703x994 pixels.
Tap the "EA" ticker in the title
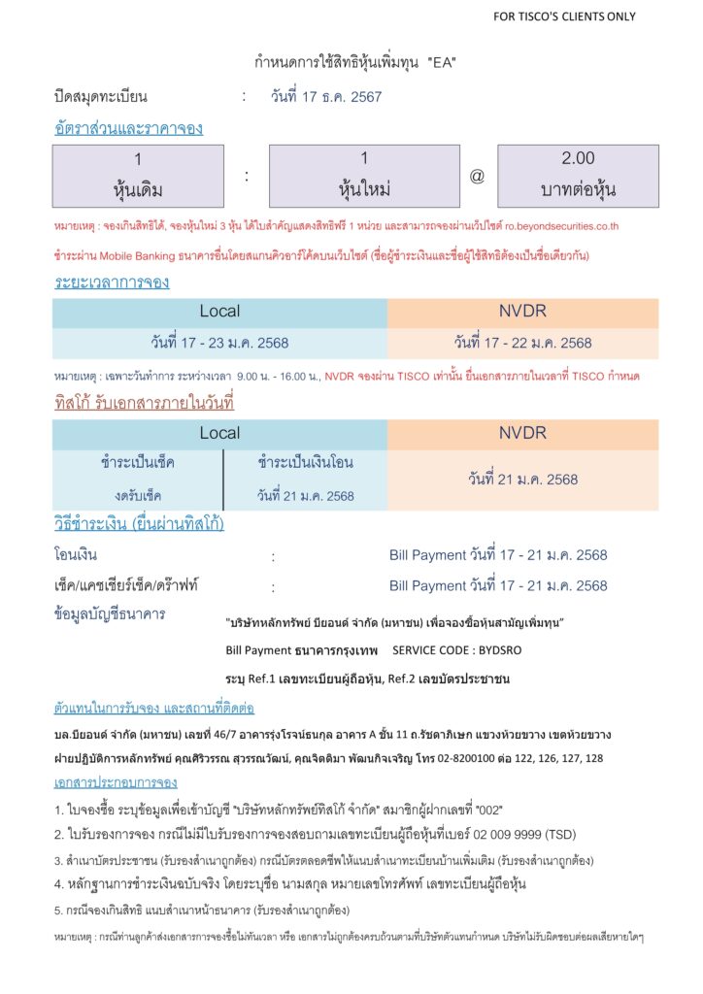point(443,63)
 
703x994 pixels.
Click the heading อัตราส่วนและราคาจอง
point(128,128)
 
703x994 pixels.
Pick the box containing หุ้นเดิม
point(139,176)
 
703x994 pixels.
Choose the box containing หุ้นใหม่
point(364,176)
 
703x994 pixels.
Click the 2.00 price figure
point(578,158)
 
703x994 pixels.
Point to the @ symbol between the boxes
point(477,177)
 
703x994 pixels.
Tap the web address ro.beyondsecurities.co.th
point(561,227)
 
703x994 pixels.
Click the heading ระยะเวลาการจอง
point(112,282)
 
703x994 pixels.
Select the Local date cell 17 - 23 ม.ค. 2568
point(219,343)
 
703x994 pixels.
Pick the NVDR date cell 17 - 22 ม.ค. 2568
point(522,343)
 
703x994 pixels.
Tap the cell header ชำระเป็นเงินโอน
point(306,464)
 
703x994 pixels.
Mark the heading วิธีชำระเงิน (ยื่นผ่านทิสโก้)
point(139,524)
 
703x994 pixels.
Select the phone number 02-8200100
point(465,758)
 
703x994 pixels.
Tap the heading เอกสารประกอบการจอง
point(116,782)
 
